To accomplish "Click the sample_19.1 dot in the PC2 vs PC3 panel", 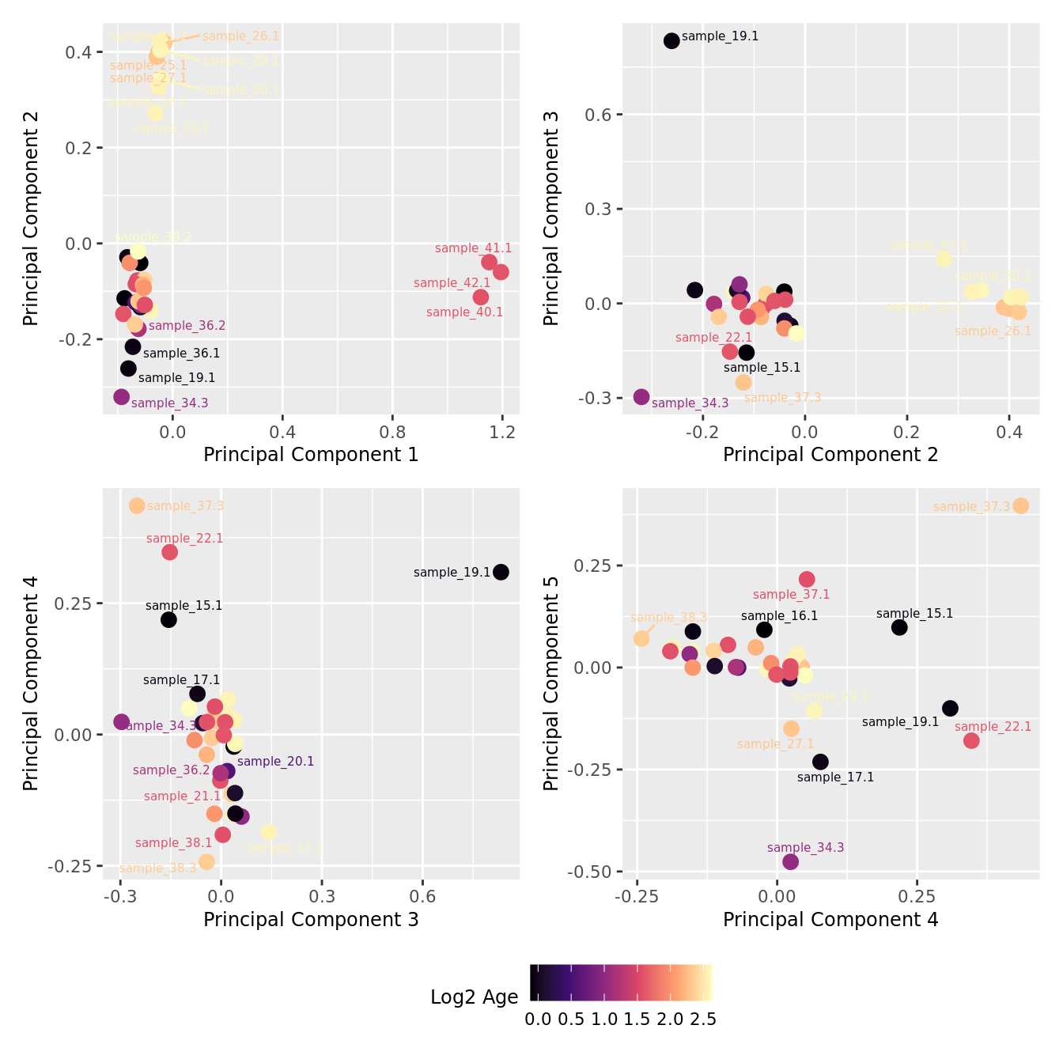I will point(671,40).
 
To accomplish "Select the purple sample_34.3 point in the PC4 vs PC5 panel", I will point(790,861).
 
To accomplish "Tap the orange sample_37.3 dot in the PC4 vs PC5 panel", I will point(1021,505).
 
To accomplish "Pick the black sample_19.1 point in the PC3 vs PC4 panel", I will point(501,572).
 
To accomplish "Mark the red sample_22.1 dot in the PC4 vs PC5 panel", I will point(971,740).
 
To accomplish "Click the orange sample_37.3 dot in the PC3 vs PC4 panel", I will point(137,505).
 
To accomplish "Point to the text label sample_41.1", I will point(473,248).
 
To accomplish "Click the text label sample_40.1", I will point(464,312).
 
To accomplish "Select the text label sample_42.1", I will point(452,283).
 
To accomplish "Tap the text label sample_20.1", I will point(275,762).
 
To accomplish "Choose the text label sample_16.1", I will point(779,616).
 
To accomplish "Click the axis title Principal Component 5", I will point(551,683).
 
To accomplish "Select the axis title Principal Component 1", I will point(311,455).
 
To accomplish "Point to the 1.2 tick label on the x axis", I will point(502,432).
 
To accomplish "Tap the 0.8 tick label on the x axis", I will point(392,432).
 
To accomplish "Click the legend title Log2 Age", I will point(474,997).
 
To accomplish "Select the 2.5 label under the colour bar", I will point(703,1019).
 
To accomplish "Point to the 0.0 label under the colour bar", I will point(538,1019).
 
